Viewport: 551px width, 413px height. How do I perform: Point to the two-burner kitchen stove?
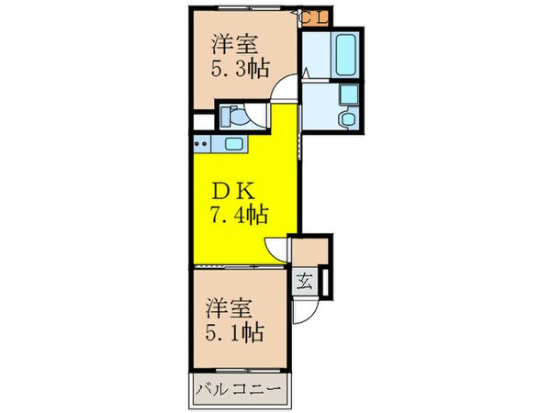(203, 143)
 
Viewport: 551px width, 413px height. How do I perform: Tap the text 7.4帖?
(240, 215)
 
